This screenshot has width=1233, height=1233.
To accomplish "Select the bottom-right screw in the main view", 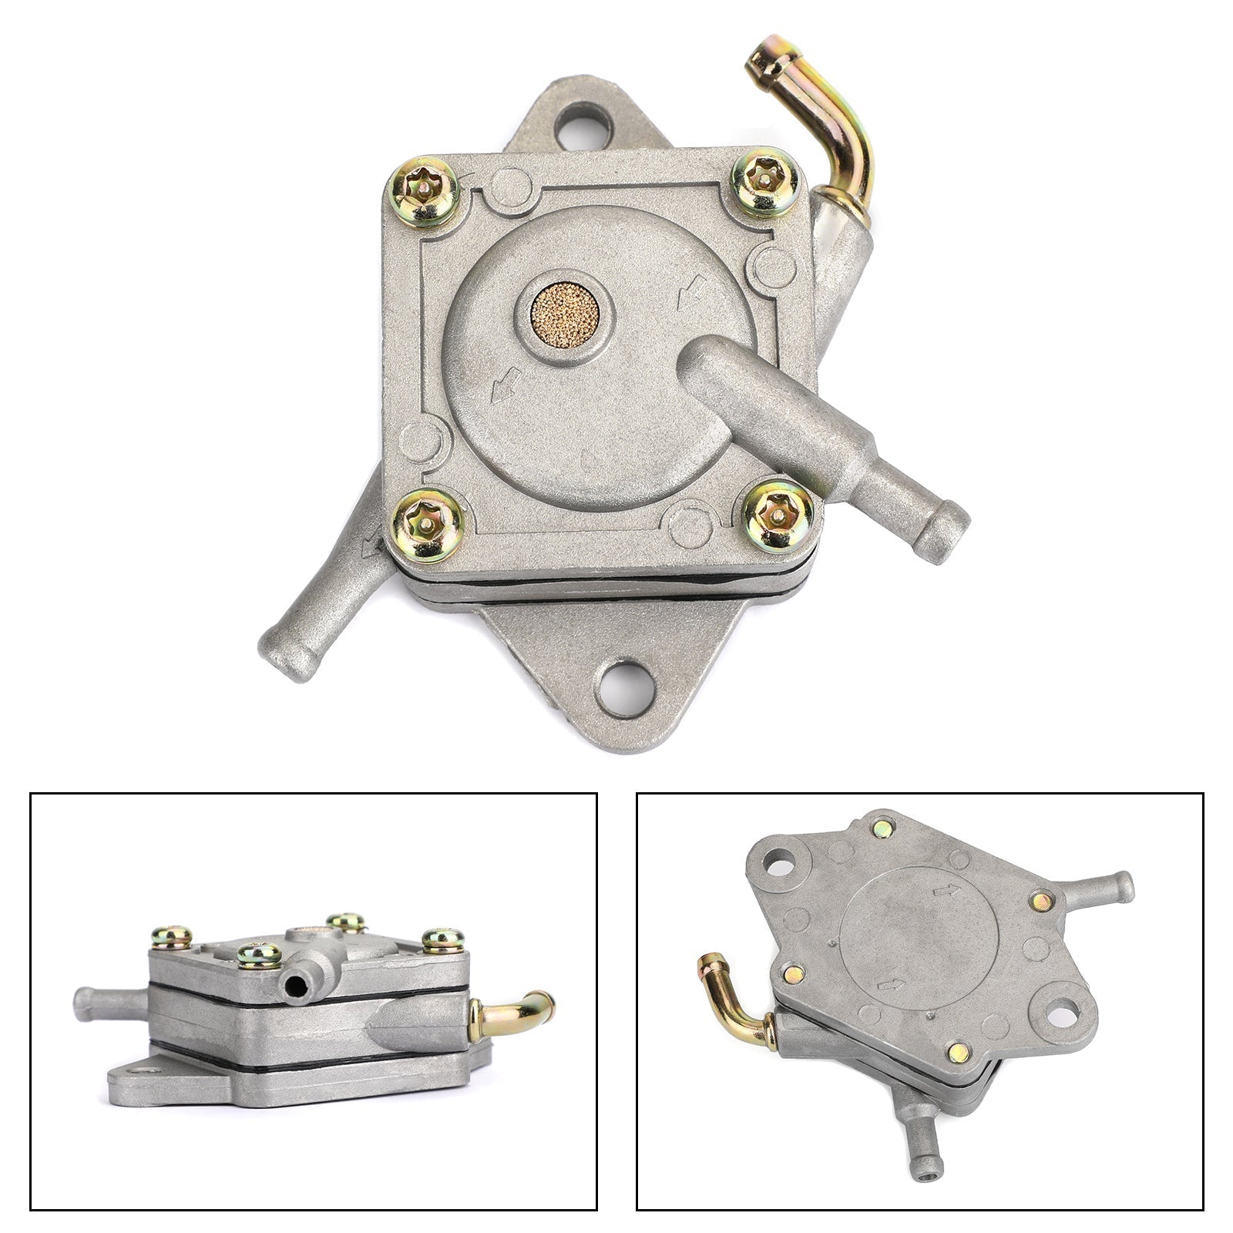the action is click(779, 516).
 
